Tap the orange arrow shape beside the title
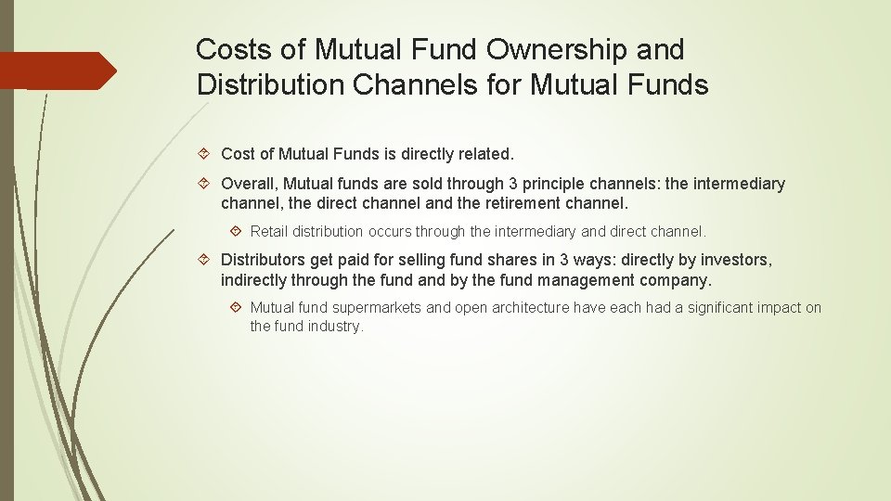(x=58, y=71)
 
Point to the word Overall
(x=251, y=184)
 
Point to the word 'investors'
(x=736, y=261)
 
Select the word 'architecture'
(x=529, y=308)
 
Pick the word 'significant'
(x=724, y=308)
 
